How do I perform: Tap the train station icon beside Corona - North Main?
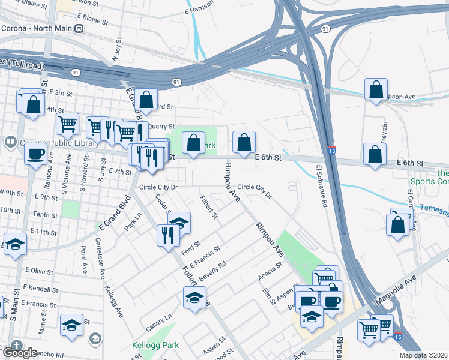point(79,28)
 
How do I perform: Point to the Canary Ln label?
point(159,322)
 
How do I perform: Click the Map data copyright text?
point(424,355)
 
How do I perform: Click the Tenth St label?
point(45,214)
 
